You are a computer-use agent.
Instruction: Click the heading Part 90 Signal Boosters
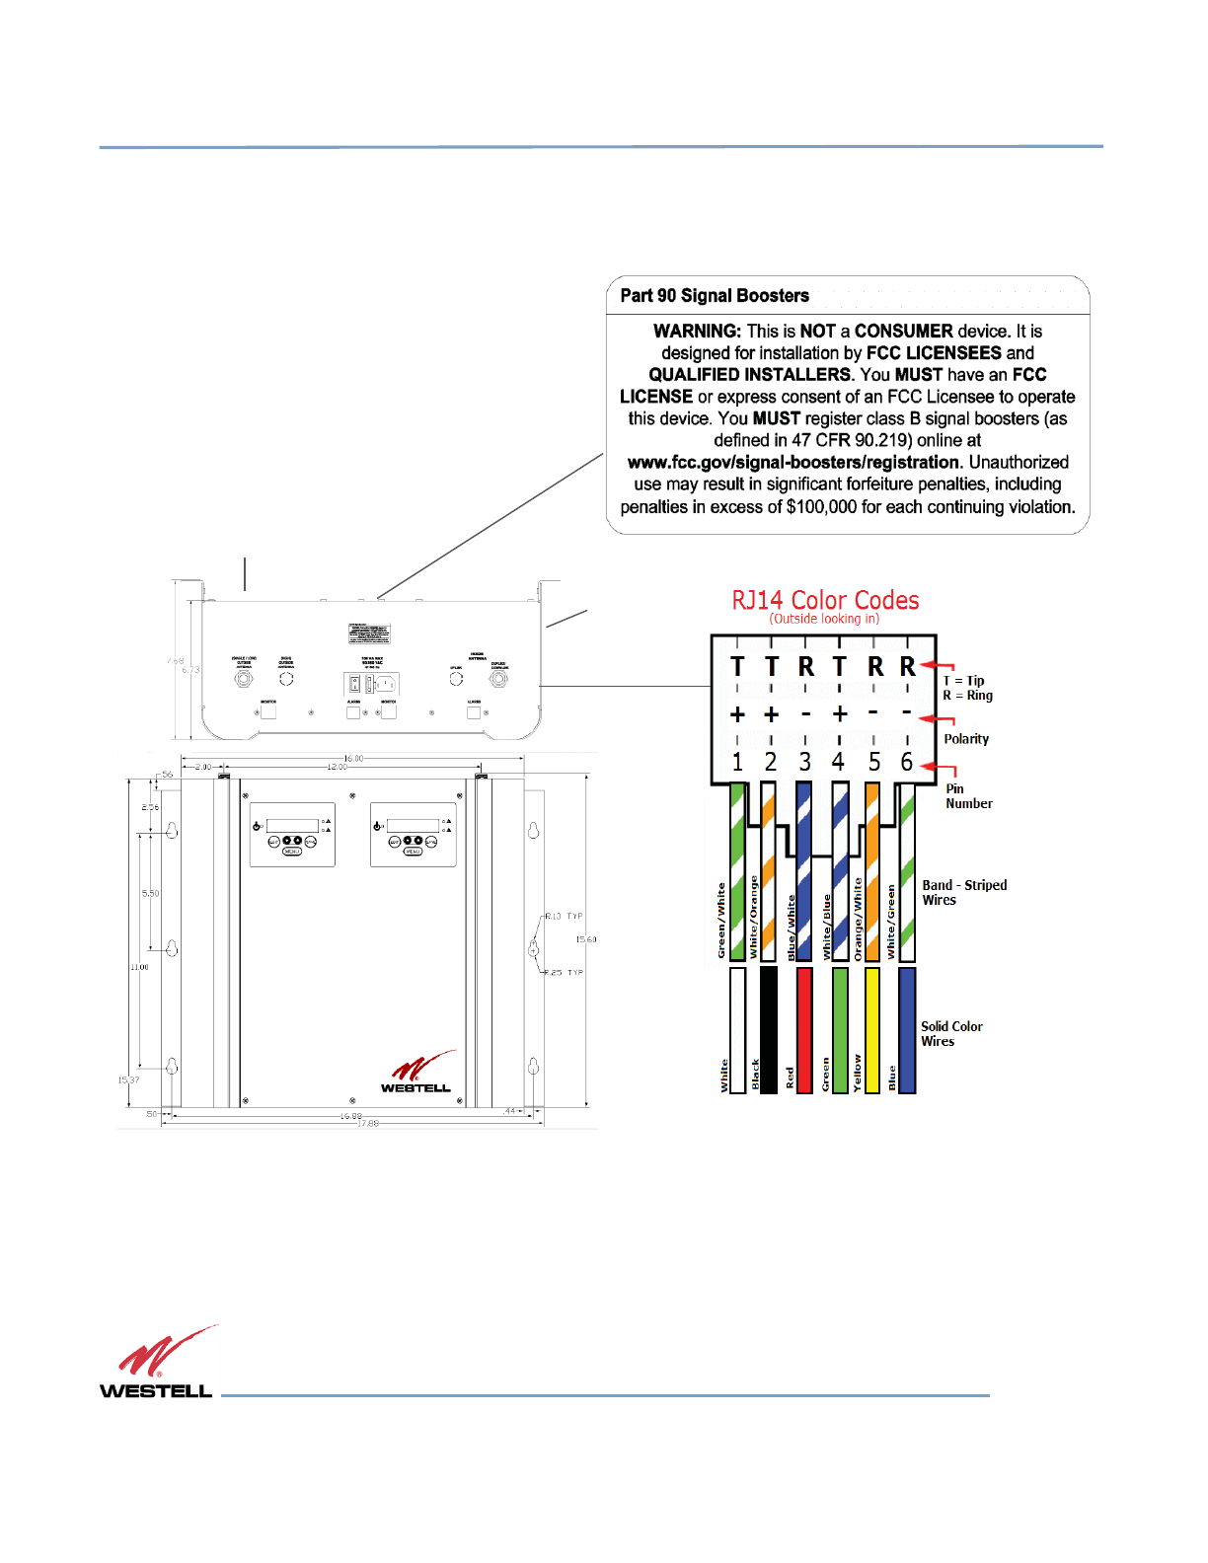click(x=715, y=296)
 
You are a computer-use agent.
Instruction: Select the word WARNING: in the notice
click(x=697, y=332)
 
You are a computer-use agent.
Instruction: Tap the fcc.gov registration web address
click(x=793, y=463)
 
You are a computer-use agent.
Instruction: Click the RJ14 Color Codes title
click(x=825, y=600)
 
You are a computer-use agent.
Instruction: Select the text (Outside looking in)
click(x=824, y=619)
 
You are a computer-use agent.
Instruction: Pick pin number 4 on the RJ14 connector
click(x=838, y=762)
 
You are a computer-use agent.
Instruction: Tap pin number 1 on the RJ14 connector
click(x=737, y=762)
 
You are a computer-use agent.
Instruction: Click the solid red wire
click(x=804, y=1029)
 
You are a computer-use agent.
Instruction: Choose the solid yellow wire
click(x=871, y=1029)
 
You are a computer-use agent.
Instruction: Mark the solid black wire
click(x=769, y=1029)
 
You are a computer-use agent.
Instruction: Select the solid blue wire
click(x=907, y=1029)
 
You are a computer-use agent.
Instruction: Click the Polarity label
click(x=966, y=739)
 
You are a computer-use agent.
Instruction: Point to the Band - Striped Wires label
click(x=964, y=892)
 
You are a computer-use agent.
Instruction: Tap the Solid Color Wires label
click(x=951, y=1033)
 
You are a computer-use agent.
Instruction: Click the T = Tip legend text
click(x=964, y=681)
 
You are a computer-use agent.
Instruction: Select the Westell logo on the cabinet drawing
click(x=418, y=1074)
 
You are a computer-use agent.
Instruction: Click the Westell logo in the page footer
click(x=158, y=1363)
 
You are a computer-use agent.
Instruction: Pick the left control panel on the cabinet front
click(x=292, y=835)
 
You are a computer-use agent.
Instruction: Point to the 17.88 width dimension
click(x=367, y=1123)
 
